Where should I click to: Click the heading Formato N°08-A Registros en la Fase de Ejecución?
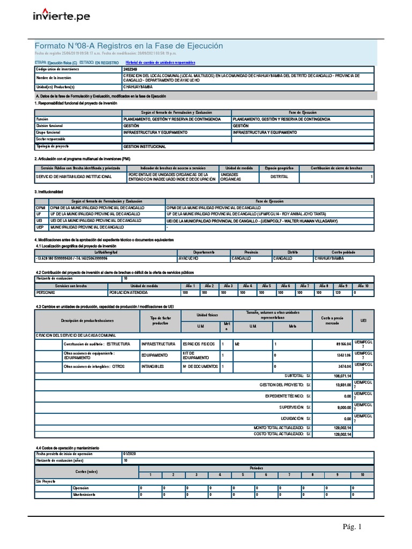(x=129, y=46)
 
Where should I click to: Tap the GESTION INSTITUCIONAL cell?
(x=145, y=146)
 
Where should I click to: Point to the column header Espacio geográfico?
(x=278, y=168)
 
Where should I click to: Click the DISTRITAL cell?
(x=278, y=176)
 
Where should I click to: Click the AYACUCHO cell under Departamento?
(x=189, y=258)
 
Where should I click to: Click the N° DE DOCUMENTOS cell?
(x=200, y=366)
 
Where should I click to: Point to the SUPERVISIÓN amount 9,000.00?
(x=341, y=407)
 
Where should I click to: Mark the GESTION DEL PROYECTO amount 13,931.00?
(x=341, y=385)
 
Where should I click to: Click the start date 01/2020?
(x=130, y=454)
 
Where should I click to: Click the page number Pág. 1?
(x=353, y=527)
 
